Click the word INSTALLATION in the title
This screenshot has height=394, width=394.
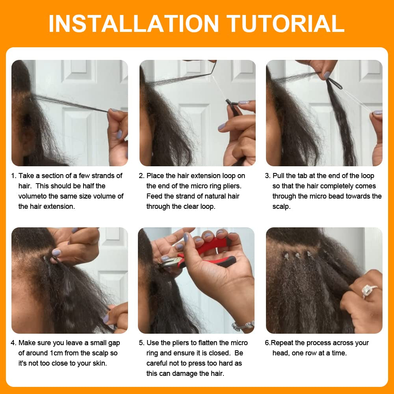[134, 23]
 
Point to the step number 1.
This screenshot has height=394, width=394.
[13, 176]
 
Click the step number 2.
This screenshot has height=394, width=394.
[141, 176]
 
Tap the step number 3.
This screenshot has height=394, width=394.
[267, 176]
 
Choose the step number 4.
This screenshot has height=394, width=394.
[13, 343]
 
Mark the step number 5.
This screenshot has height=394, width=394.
[141, 343]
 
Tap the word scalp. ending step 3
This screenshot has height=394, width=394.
[281, 206]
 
